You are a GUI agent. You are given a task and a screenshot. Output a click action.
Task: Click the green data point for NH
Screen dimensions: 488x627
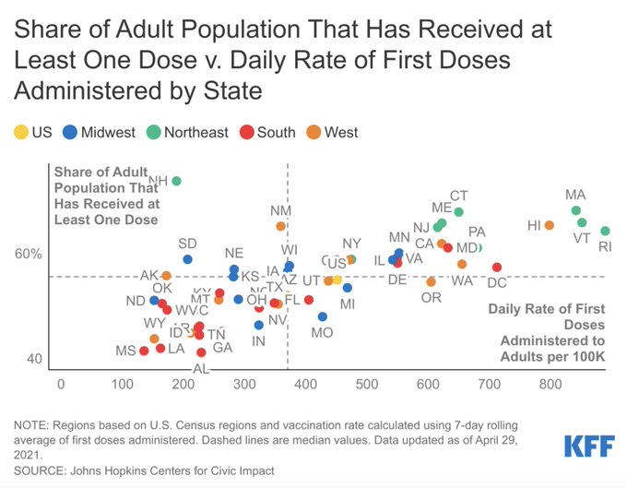pyautogui.click(x=176, y=181)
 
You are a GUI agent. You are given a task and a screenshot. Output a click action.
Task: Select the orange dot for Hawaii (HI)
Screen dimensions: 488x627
pyautogui.click(x=550, y=225)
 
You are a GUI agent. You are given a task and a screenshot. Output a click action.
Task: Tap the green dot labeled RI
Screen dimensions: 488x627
pyautogui.click(x=606, y=231)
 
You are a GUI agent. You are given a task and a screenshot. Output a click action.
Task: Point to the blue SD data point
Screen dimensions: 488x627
pyautogui.click(x=187, y=259)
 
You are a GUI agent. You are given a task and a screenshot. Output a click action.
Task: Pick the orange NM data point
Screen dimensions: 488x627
pyautogui.click(x=280, y=226)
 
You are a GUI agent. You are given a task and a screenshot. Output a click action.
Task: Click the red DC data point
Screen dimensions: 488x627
pyautogui.click(x=497, y=268)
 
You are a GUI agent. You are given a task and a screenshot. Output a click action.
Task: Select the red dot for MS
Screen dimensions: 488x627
pyautogui.click(x=144, y=351)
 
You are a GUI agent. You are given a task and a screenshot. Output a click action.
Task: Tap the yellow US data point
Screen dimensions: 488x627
pyautogui.click(x=337, y=279)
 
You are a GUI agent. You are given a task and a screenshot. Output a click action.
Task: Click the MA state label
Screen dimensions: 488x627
pyautogui.click(x=575, y=195)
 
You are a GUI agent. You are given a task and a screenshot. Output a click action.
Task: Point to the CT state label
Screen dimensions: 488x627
pyautogui.click(x=459, y=196)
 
